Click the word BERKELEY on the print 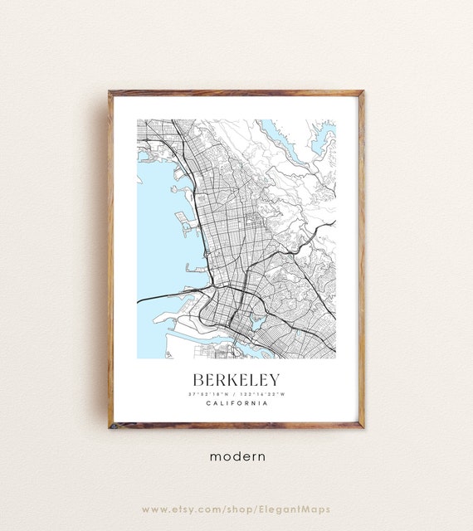pos(236,378)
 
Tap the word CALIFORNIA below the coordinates pos(236,403)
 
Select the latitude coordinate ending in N pos(208,393)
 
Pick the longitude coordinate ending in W pos(264,393)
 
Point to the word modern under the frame pos(236,455)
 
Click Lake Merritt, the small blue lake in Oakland pos(256,320)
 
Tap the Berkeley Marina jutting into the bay pos(183,219)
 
